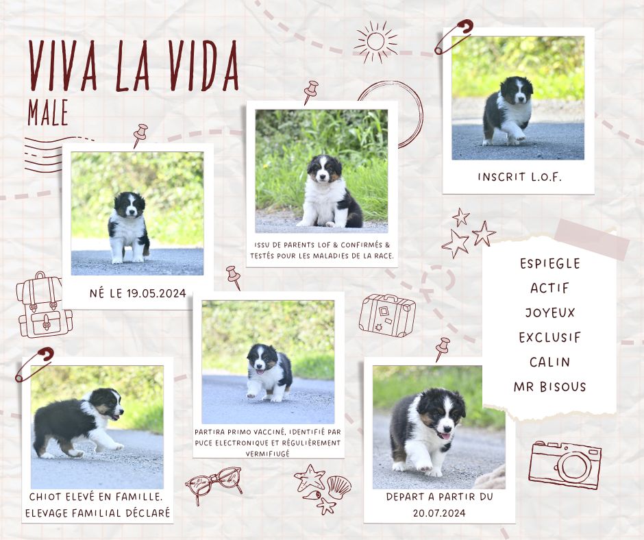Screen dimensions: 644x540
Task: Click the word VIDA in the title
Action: pos(203,66)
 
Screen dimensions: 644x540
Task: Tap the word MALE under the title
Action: pos(48,112)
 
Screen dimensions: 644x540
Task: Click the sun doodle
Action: pos(375,42)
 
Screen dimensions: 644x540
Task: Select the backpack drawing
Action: pos(44,304)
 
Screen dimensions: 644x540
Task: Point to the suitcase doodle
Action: pos(387,315)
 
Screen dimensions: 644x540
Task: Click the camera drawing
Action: pos(565,465)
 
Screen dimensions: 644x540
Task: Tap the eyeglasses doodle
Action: pos(214,483)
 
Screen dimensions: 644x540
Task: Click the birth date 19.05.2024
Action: pos(156,293)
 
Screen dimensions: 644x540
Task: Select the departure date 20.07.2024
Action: pos(439,513)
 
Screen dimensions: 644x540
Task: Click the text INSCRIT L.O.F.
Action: pos(519,177)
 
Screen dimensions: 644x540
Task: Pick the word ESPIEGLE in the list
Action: pos(550,263)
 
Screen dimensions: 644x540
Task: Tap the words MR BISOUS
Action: pos(549,386)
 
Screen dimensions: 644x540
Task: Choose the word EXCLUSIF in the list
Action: pos(550,337)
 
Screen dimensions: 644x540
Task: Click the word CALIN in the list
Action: pos(550,362)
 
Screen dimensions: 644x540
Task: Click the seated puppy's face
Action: pos(324,169)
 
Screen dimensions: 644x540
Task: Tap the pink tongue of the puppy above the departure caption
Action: pos(445,435)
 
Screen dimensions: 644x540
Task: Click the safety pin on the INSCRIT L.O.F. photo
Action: pos(454,36)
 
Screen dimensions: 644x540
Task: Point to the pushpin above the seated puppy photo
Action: pos(310,92)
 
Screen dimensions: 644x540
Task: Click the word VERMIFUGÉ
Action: pos(268,453)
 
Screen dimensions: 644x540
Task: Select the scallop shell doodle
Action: pos(339,487)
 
